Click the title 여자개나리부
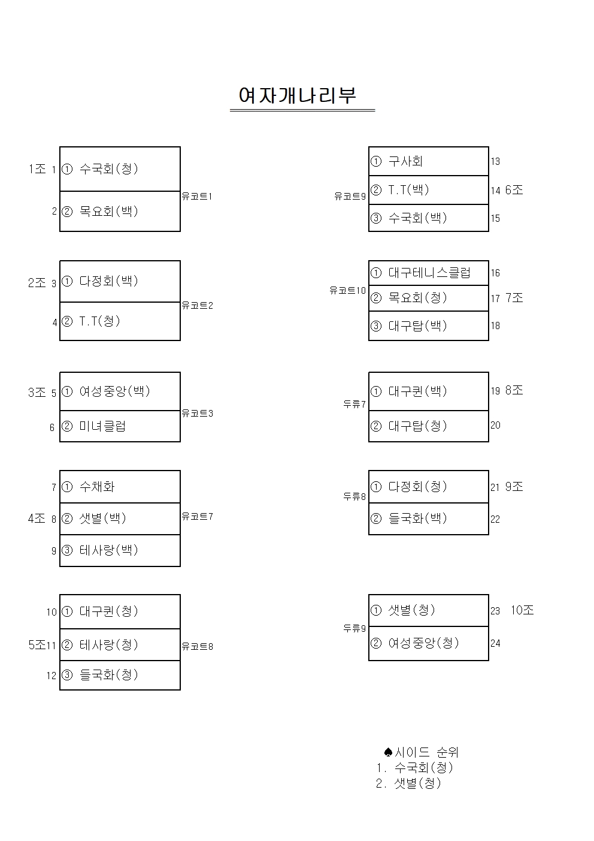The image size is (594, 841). [297, 96]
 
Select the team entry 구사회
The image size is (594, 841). [405, 161]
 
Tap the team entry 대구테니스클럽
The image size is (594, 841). [429, 273]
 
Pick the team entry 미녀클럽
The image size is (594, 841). [102, 426]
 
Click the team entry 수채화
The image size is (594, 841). [96, 487]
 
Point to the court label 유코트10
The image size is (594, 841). [347, 291]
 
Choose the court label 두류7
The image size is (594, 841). [354, 405]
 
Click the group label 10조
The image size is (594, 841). [522, 610]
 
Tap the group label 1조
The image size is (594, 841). [37, 169]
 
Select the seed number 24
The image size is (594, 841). [495, 644]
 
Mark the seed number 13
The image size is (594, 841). [495, 162]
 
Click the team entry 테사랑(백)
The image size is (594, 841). [108, 550]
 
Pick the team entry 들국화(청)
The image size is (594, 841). [108, 675]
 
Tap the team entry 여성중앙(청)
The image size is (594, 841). [423, 643]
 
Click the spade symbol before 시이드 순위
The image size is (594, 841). [388, 752]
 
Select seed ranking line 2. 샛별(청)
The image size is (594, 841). [408, 783]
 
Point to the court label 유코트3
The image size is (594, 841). [197, 414]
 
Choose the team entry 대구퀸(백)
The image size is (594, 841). [417, 391]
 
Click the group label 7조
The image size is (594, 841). [514, 298]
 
